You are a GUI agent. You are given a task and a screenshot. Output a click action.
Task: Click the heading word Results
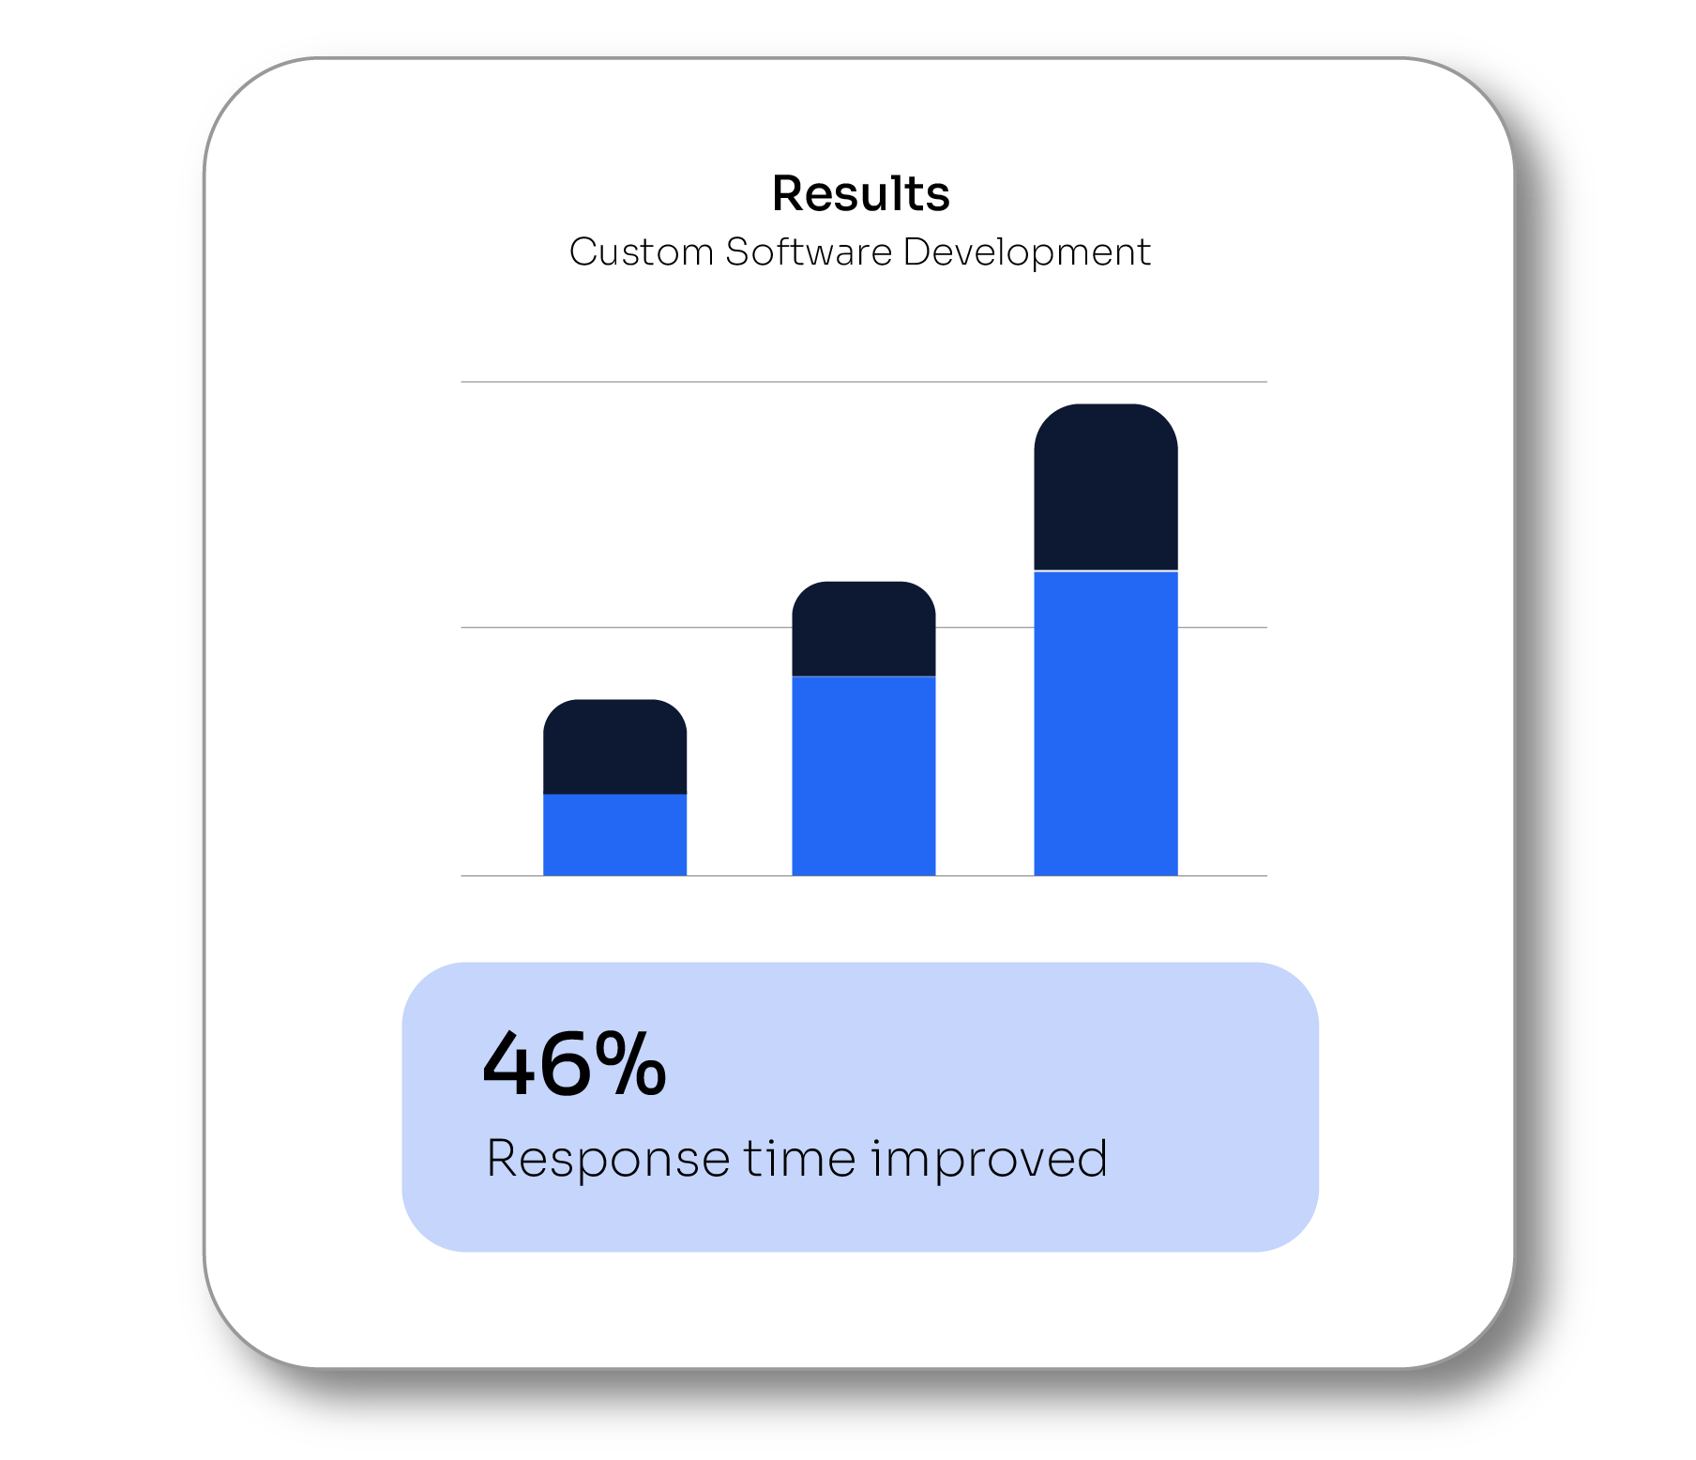tap(860, 194)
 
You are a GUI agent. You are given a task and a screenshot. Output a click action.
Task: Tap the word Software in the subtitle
tap(809, 251)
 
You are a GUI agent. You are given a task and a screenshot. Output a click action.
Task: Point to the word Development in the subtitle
tap(1026, 251)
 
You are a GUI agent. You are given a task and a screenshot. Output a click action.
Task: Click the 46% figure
tap(574, 1064)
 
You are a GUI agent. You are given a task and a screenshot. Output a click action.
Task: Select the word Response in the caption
tap(608, 1160)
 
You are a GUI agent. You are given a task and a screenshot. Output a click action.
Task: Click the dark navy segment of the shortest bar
tap(614, 747)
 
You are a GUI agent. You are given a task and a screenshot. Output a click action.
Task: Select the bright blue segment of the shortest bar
tap(614, 835)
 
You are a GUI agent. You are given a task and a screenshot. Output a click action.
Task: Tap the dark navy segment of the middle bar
tap(863, 629)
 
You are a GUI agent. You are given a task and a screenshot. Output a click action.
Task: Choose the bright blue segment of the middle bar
tap(863, 776)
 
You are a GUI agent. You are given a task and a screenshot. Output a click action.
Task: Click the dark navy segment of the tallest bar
tap(1105, 487)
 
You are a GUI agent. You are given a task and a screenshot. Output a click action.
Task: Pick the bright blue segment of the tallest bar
tap(1105, 723)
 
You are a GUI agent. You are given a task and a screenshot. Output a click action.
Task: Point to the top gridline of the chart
tap(864, 382)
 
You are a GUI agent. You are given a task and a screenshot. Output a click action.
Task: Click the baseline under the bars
tap(864, 875)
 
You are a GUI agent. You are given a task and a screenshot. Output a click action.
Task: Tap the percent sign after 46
tap(629, 1064)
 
